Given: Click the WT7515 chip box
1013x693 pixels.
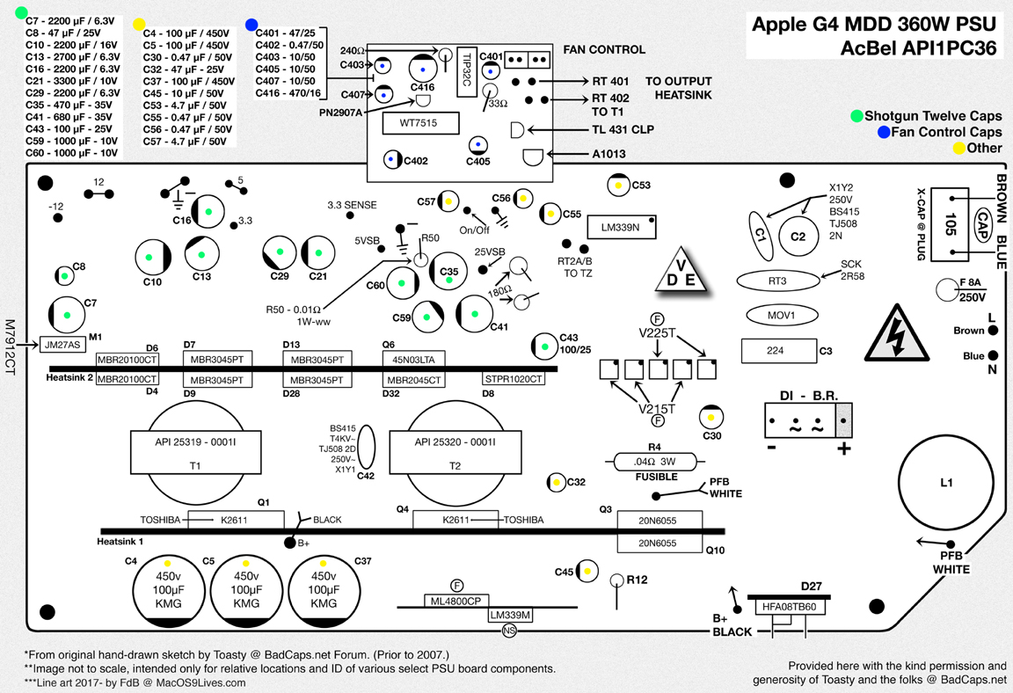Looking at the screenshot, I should pos(421,123).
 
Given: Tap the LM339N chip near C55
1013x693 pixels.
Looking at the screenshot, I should pos(621,226).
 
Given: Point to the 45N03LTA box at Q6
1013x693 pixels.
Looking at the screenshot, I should pos(412,359).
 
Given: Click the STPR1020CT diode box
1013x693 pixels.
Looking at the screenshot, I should pos(514,379).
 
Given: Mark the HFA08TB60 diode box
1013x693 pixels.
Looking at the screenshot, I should pos(789,607).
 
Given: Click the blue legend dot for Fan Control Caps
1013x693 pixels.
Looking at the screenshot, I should pos(884,132).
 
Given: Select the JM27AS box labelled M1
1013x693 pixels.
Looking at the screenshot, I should pos(63,345).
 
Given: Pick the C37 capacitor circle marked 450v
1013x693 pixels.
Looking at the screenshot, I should pos(324,583).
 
